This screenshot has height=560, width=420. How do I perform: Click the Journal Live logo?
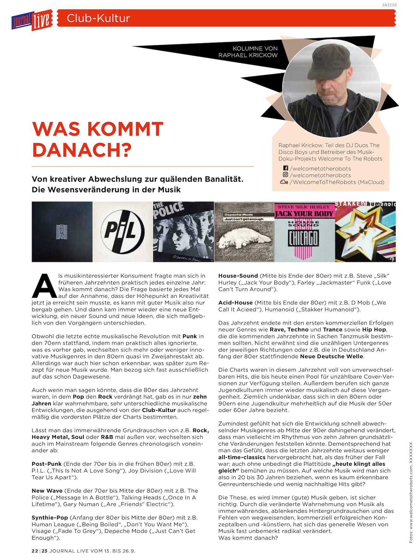(x=32, y=20)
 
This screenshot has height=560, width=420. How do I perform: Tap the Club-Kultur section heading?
(x=98, y=18)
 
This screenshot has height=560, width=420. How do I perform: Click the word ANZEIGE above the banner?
(x=389, y=5)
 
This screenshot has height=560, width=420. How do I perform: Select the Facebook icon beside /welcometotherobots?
(x=285, y=168)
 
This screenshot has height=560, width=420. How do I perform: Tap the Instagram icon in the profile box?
(x=285, y=175)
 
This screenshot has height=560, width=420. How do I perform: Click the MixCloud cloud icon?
(x=284, y=182)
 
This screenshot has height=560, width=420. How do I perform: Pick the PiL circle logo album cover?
(x=123, y=232)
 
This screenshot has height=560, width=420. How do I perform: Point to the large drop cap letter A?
(x=45, y=286)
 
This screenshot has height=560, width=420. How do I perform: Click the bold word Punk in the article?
(x=190, y=336)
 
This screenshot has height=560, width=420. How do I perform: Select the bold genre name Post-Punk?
(x=47, y=464)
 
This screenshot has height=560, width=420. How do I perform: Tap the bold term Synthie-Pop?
(x=50, y=518)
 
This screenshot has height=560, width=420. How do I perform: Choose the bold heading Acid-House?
(x=235, y=303)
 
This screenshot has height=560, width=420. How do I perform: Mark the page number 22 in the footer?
(x=35, y=551)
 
